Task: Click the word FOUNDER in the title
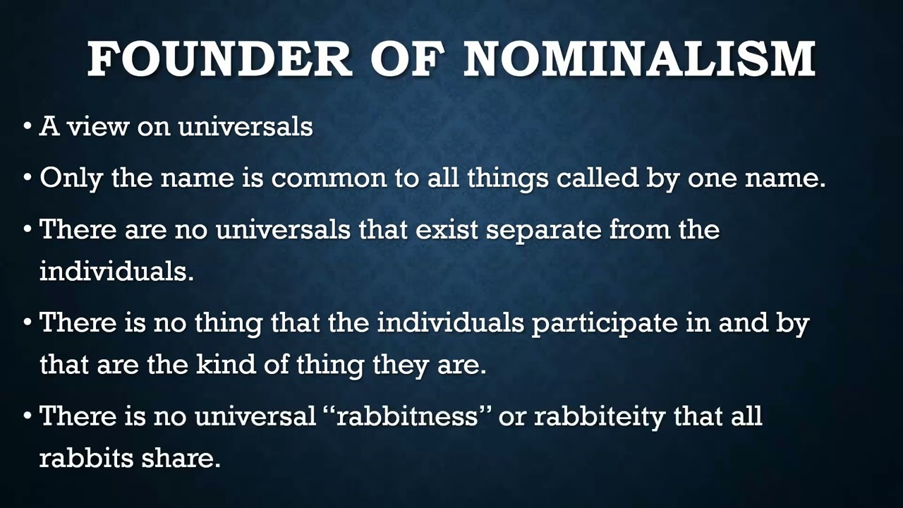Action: [219, 59]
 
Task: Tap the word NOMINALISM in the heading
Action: [639, 59]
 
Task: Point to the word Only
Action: [71, 178]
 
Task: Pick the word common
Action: [329, 178]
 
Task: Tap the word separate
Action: [544, 229]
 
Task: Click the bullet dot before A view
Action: [27, 127]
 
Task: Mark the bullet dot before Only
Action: [27, 179]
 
